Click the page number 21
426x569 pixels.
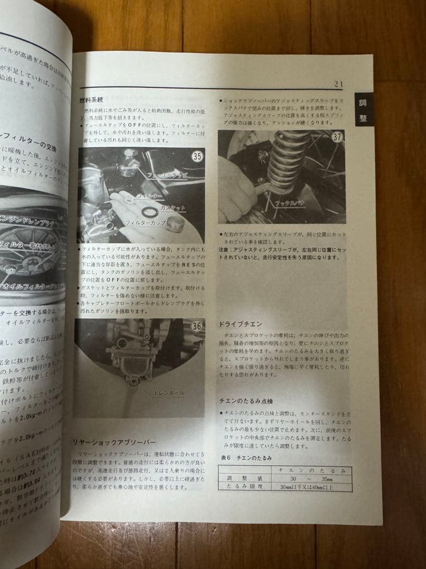tap(338, 84)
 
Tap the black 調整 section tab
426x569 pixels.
tap(363, 111)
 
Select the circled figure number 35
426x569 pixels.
tap(197, 156)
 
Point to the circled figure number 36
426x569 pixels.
tap(196, 326)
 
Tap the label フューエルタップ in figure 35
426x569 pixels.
tap(167, 174)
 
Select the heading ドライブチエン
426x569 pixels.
tap(240, 324)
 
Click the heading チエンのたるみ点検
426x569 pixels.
tap(246, 401)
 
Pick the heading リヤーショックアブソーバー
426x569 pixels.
tap(113, 441)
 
